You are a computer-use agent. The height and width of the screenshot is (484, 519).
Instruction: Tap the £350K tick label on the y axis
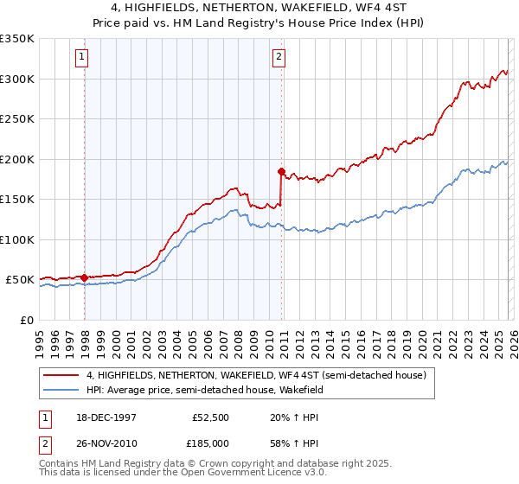[17, 39]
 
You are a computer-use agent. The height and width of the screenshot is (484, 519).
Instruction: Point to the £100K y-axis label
[17, 239]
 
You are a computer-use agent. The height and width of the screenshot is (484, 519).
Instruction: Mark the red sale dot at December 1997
[84, 277]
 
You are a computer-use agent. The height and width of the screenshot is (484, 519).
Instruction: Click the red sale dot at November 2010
[281, 171]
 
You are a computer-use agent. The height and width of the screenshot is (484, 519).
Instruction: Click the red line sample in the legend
[61, 376]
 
